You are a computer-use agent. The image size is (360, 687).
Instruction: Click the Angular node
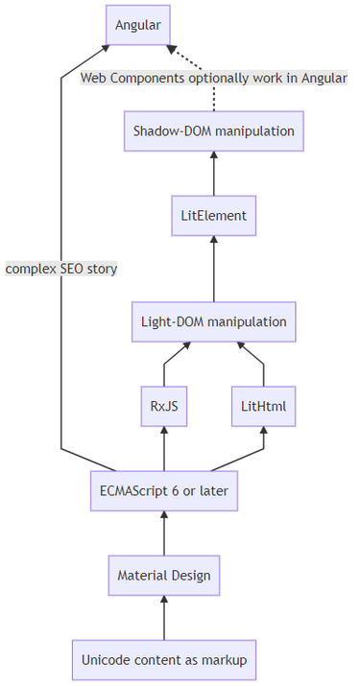pos(137,24)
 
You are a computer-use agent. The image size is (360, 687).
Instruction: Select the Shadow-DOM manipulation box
pos(213,130)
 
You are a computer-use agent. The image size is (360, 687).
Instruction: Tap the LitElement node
pos(213,215)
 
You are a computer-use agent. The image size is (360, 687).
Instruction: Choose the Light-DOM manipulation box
pos(213,322)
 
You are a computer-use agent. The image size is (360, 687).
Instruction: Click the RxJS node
pos(163,407)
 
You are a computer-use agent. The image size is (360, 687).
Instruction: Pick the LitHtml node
pos(264,407)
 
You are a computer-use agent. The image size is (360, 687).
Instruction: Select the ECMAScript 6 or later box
pos(163,491)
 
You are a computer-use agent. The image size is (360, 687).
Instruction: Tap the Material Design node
pos(163,576)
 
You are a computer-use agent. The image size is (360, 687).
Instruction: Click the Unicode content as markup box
pos(163,660)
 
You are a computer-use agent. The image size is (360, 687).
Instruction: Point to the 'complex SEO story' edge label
pos(61,269)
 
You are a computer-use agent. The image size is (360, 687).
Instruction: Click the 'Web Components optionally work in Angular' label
pos(213,78)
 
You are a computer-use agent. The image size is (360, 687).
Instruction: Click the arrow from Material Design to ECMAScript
pos(163,534)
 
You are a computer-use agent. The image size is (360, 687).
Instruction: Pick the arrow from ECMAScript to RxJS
pos(163,449)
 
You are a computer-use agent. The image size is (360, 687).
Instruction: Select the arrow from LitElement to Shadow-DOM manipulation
pos(213,173)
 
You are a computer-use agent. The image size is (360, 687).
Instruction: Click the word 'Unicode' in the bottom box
pos(106,660)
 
